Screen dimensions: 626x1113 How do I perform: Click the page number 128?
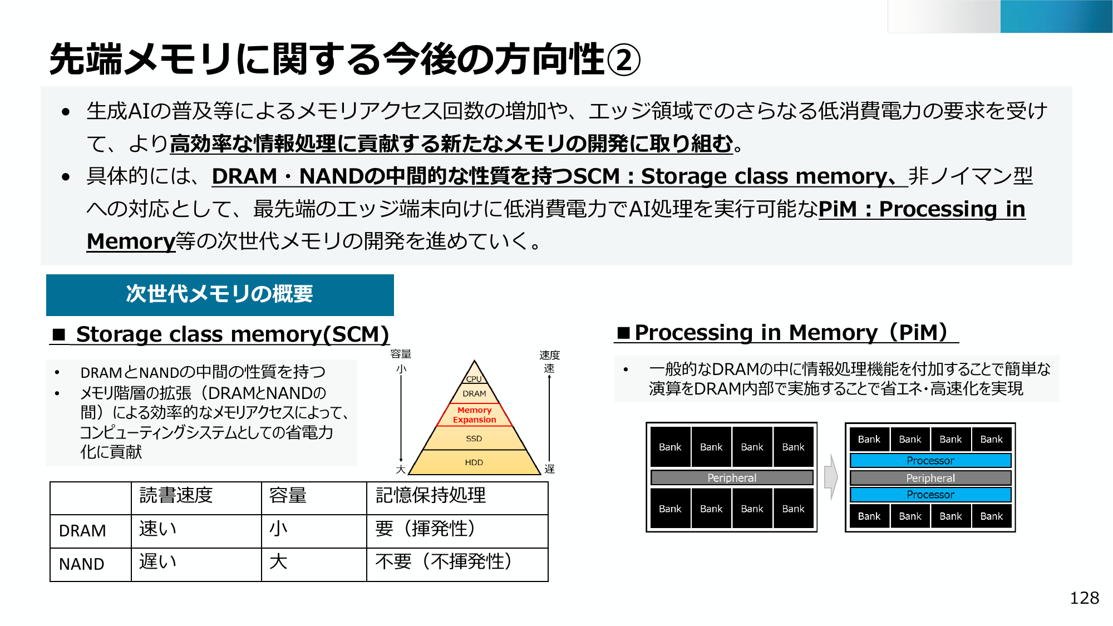(1084, 598)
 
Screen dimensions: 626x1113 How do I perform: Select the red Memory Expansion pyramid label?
(474, 415)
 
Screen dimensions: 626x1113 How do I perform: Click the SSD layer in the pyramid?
(474, 438)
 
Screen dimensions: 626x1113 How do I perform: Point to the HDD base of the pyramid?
(474, 462)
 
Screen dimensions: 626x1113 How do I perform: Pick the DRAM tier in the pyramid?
(474, 393)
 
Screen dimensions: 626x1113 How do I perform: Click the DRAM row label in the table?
(82, 531)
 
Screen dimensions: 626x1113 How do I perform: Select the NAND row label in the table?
(82, 564)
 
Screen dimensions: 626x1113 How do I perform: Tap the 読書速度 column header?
(176, 495)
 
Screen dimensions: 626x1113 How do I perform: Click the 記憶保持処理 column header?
(431, 495)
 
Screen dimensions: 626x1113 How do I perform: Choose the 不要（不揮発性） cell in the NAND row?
(444, 561)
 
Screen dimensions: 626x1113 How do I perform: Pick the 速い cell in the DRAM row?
(157, 529)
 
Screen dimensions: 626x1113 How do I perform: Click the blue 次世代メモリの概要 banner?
(220, 294)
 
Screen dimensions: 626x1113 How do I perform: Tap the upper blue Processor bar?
(930, 460)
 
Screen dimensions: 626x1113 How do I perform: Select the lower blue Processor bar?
(930, 495)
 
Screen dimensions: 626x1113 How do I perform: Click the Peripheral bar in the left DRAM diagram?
(732, 478)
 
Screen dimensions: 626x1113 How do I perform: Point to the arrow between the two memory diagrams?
(831, 477)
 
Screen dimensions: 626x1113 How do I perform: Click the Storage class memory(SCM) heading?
(232, 334)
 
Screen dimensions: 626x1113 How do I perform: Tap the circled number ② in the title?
(623, 60)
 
